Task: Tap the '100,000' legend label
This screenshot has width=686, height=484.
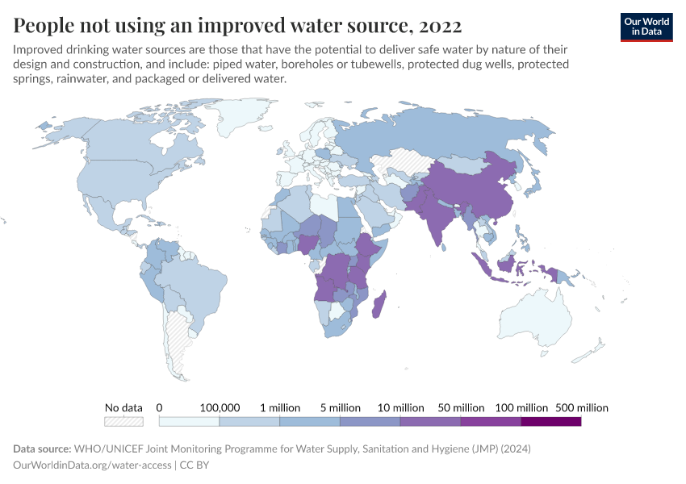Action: pyautogui.click(x=220, y=407)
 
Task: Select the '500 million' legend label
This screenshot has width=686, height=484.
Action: pyautogui.click(x=581, y=407)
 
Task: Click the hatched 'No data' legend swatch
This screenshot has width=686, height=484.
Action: pyautogui.click(x=123, y=421)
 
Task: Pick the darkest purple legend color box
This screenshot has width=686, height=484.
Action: pyautogui.click(x=550, y=421)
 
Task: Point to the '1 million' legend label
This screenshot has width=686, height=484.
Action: pyautogui.click(x=279, y=407)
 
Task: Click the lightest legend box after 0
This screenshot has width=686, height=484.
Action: pyautogui.click(x=189, y=421)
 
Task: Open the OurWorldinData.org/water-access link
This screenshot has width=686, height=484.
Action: pyautogui.click(x=93, y=465)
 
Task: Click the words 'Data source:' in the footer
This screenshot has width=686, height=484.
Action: pyautogui.click(x=42, y=449)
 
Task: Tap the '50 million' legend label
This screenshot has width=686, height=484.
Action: pyautogui.click(x=460, y=407)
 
